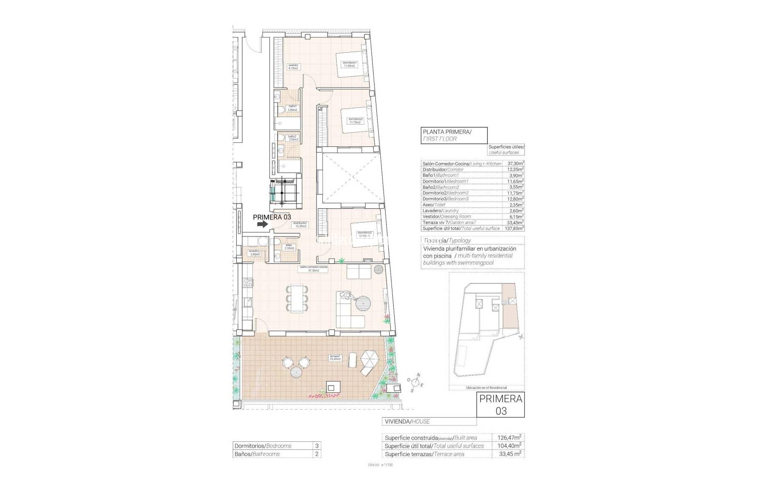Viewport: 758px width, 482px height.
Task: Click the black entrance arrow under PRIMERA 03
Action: [263, 224]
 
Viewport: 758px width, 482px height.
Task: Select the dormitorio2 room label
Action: [356, 120]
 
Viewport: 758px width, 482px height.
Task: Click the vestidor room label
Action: [293, 67]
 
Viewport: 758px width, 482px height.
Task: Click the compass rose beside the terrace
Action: [416, 382]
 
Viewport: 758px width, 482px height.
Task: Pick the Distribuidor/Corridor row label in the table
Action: [443, 170]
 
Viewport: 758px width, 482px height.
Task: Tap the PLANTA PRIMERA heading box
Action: [454, 135]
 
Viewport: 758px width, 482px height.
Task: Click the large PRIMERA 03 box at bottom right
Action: [501, 404]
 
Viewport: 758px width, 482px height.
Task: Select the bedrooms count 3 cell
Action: [317, 446]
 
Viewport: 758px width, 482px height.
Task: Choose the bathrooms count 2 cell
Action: [317, 454]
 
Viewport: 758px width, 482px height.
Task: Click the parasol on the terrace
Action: [369, 357]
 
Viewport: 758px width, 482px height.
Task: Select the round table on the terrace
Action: [297, 372]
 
